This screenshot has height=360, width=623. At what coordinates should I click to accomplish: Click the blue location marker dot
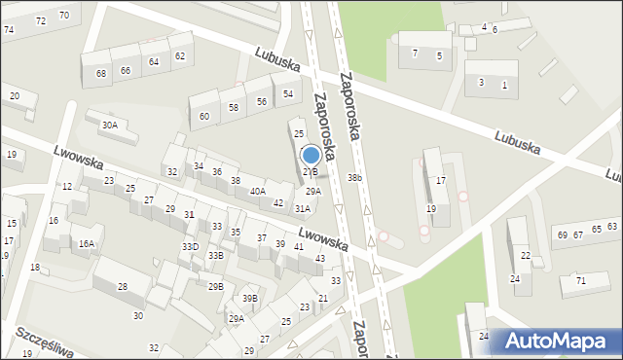pyautogui.click(x=311, y=155)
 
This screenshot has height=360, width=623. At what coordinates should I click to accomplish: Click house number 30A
pyautogui.click(x=110, y=125)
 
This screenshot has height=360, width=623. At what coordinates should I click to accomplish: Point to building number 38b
pyautogui.click(x=355, y=178)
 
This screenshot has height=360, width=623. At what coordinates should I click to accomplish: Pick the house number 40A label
pyautogui.click(x=257, y=192)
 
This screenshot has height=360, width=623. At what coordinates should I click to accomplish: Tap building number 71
pyautogui.click(x=581, y=280)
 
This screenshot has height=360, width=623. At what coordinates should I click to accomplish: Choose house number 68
pyautogui.click(x=101, y=73)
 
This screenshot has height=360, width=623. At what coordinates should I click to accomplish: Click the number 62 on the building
pyautogui.click(x=180, y=55)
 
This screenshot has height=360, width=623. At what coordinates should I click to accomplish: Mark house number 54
pyautogui.click(x=288, y=93)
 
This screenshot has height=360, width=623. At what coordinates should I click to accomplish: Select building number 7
pyautogui.click(x=415, y=53)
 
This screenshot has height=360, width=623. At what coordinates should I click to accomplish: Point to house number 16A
pyautogui.click(x=87, y=243)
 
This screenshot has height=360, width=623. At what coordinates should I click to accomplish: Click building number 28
pyautogui.click(x=123, y=286)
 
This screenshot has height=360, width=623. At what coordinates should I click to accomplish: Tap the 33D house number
pyautogui.click(x=190, y=247)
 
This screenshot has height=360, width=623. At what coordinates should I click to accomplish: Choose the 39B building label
pyautogui.click(x=250, y=299)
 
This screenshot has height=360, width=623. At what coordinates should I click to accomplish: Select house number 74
pyautogui.click(x=9, y=30)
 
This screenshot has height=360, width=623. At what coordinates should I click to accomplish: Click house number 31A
pyautogui.click(x=303, y=208)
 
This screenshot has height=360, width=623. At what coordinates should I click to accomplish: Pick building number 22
pyautogui.click(x=526, y=255)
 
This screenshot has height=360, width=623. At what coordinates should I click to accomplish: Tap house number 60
pyautogui.click(x=204, y=117)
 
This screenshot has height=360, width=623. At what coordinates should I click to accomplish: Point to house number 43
pyautogui.click(x=320, y=258)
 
